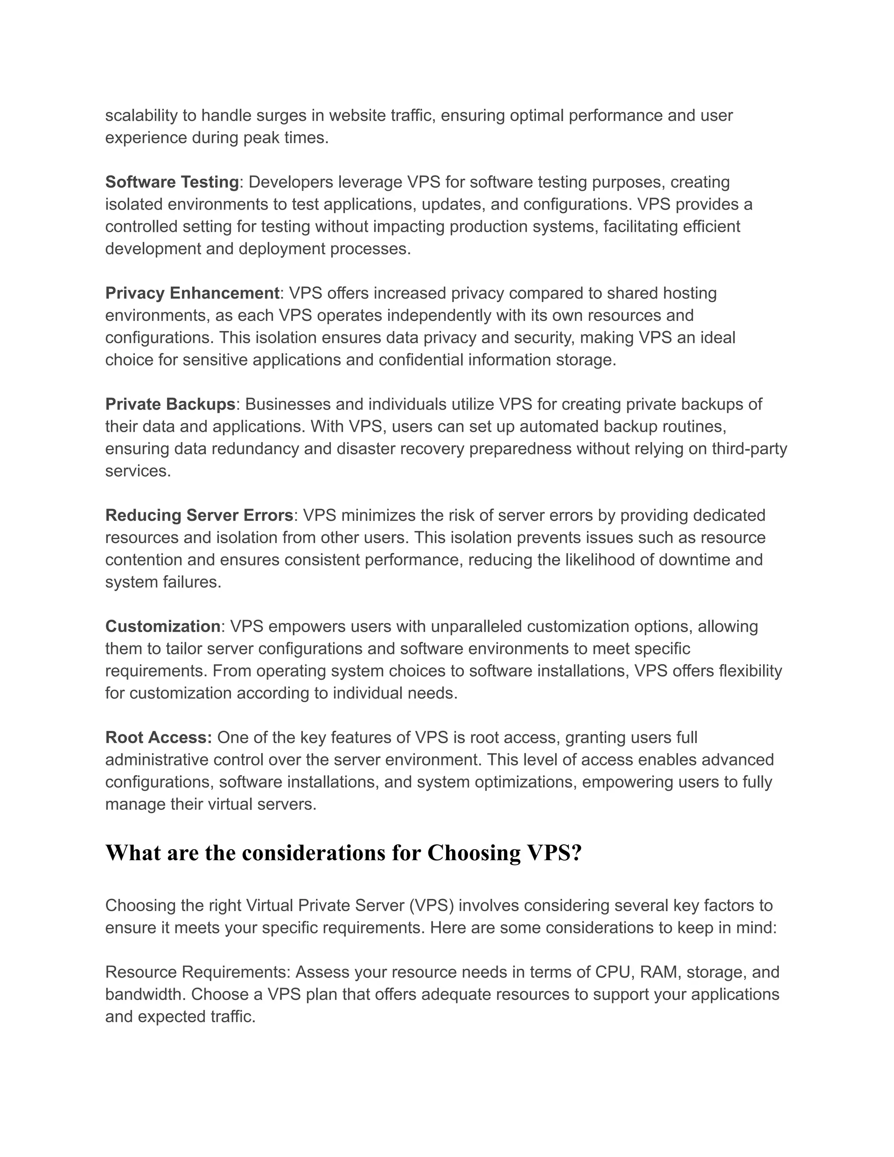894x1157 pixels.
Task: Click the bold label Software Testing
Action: (x=172, y=182)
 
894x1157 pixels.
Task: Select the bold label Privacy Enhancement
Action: (x=192, y=293)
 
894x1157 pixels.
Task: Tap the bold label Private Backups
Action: (x=170, y=405)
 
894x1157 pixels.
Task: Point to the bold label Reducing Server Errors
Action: (x=199, y=516)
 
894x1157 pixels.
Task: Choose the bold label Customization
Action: (x=162, y=627)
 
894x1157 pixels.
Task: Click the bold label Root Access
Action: (x=158, y=738)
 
